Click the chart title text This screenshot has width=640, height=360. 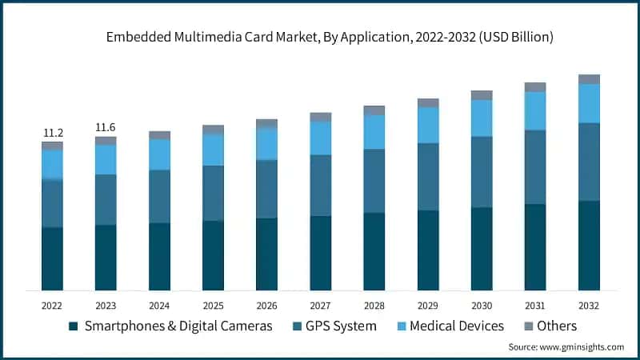320,37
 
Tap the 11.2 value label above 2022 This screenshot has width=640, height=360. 52,133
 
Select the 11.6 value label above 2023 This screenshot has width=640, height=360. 106,127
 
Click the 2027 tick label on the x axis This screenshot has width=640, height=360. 320,306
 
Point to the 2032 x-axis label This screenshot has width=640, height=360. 589,306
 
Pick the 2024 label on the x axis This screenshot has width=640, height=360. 159,306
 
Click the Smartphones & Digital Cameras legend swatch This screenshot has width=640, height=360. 74,326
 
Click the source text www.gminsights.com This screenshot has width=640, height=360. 566,347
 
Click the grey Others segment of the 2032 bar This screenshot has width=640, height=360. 589,79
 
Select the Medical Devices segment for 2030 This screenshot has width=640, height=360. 482,118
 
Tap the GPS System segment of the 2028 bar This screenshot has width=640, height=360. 374,181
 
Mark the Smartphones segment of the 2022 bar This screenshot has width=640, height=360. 52,258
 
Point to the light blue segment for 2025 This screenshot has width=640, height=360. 213,150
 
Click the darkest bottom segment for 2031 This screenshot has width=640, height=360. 535,246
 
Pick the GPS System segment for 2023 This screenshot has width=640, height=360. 106,199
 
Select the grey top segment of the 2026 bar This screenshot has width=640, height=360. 266,123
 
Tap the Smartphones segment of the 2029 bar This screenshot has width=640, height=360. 428,250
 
